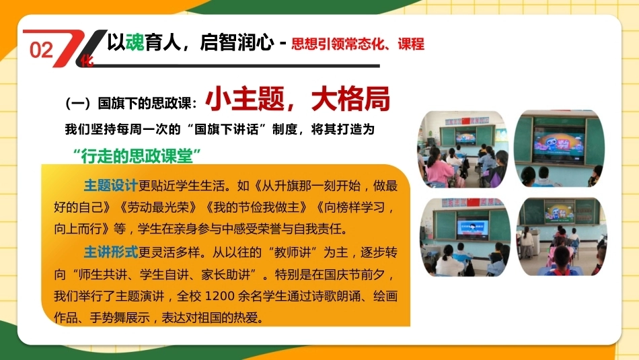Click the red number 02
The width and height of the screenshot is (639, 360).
[42, 50]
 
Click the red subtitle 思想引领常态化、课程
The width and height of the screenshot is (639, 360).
[358, 44]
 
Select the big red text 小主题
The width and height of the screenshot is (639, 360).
[245, 99]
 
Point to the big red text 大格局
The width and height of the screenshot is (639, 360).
[350, 99]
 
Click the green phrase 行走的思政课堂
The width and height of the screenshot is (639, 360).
[137, 156]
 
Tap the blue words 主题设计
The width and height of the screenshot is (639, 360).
[111, 186]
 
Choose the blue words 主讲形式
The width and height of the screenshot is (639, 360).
[111, 252]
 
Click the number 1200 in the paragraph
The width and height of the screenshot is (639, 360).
[219, 296]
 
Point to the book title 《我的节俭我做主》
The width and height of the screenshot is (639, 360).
[256, 207]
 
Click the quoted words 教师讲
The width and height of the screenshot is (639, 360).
[292, 252]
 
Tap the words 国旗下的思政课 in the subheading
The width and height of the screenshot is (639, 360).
[144, 103]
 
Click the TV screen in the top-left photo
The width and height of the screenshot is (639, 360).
[465, 138]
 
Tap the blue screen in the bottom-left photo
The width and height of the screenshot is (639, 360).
[472, 229]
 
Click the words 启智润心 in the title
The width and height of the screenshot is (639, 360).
[237, 42]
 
